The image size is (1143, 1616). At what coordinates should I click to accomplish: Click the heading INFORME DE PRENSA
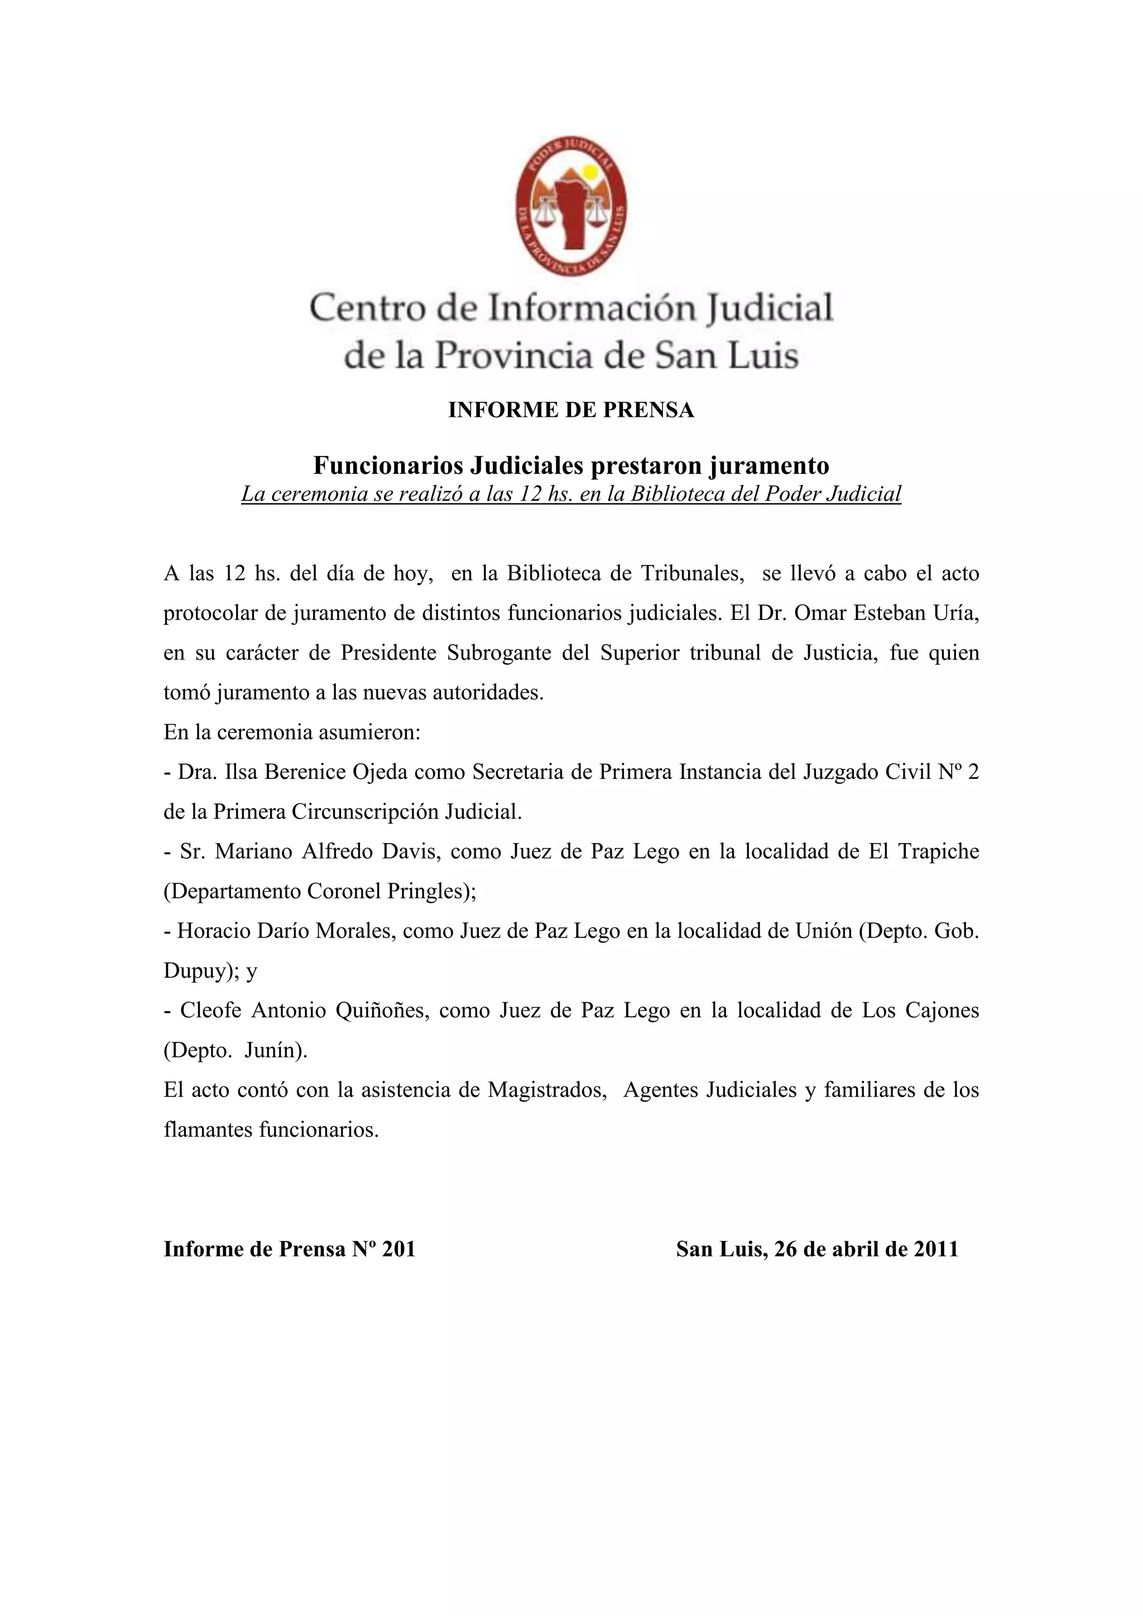(x=571, y=410)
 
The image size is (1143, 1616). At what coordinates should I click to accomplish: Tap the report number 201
(x=398, y=1249)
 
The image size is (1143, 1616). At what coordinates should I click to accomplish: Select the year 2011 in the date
(x=935, y=1249)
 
